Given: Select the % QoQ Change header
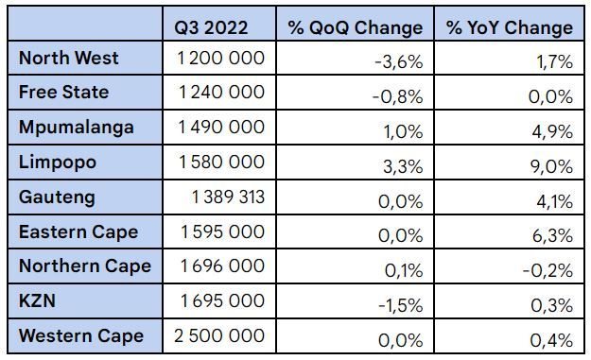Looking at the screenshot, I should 356,26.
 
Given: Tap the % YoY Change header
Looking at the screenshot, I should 510,26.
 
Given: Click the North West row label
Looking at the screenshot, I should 69,59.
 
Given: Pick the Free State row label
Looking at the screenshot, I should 63,93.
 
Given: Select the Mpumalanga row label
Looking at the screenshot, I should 76,128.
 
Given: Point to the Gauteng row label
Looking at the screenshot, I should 57,197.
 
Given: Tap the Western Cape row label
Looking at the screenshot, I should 81,336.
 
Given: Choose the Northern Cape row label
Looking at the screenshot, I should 85,266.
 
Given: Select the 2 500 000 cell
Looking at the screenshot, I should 220,336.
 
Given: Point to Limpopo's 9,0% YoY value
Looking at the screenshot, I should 552,163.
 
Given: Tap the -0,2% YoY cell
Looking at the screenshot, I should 549,268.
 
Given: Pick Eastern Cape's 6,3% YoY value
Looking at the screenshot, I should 552,233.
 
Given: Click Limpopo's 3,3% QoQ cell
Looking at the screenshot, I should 402,163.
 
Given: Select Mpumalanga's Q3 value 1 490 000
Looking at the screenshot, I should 220,128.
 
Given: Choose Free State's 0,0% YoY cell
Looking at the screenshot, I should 551,94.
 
